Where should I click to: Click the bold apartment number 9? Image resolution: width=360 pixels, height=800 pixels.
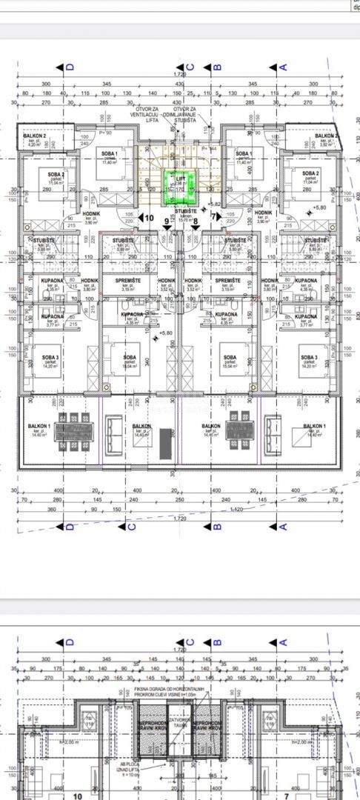click(x=165, y=218)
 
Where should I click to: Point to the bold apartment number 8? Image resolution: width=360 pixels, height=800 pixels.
click(x=195, y=218)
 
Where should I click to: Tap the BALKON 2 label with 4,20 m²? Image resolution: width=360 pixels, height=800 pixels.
click(x=35, y=139)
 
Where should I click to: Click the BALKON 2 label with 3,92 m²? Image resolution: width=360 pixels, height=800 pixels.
click(x=326, y=139)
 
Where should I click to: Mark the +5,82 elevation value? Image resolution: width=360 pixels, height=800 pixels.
click(x=216, y=204)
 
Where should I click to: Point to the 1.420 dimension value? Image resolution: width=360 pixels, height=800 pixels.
click(x=238, y=510)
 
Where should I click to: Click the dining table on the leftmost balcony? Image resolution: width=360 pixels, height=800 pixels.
click(x=73, y=429)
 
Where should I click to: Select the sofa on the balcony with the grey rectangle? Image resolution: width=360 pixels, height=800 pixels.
click(x=115, y=428)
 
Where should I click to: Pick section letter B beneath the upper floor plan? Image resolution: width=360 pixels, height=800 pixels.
click(x=219, y=527)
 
